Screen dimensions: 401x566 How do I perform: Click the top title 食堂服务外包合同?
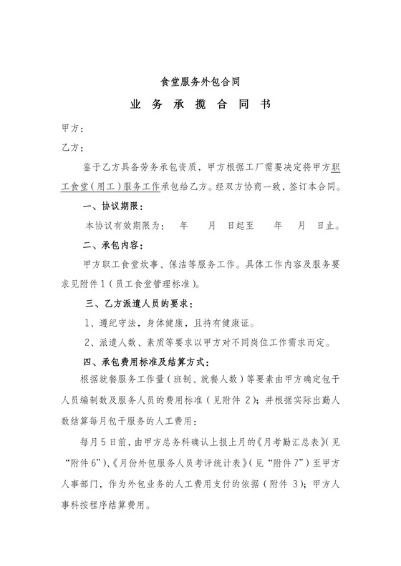click(200, 81)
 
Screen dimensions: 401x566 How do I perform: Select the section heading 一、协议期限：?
click(114, 207)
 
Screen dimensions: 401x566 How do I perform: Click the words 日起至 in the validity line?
click(241, 226)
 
